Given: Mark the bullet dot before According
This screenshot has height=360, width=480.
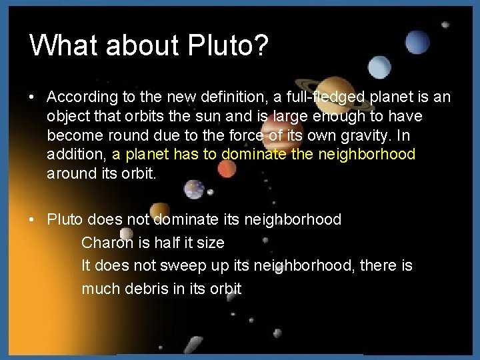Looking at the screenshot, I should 32,97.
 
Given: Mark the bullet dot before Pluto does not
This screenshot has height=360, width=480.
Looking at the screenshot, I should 32,220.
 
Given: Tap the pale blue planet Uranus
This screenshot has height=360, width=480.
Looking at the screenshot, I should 380,67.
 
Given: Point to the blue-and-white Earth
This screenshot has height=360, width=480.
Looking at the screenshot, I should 194,189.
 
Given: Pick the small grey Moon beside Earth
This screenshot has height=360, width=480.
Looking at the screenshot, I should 210,194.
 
